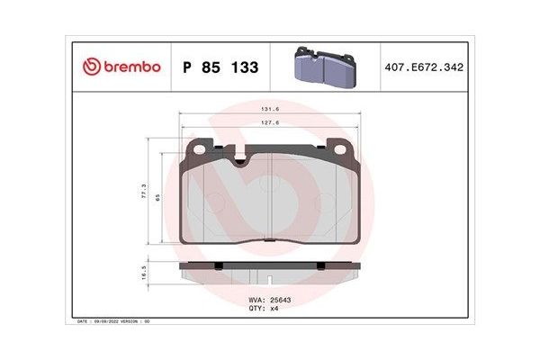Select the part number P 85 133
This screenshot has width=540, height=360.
[x=220, y=67]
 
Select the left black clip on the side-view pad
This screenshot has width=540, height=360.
[x=220, y=265]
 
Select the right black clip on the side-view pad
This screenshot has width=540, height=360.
[x=319, y=265]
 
